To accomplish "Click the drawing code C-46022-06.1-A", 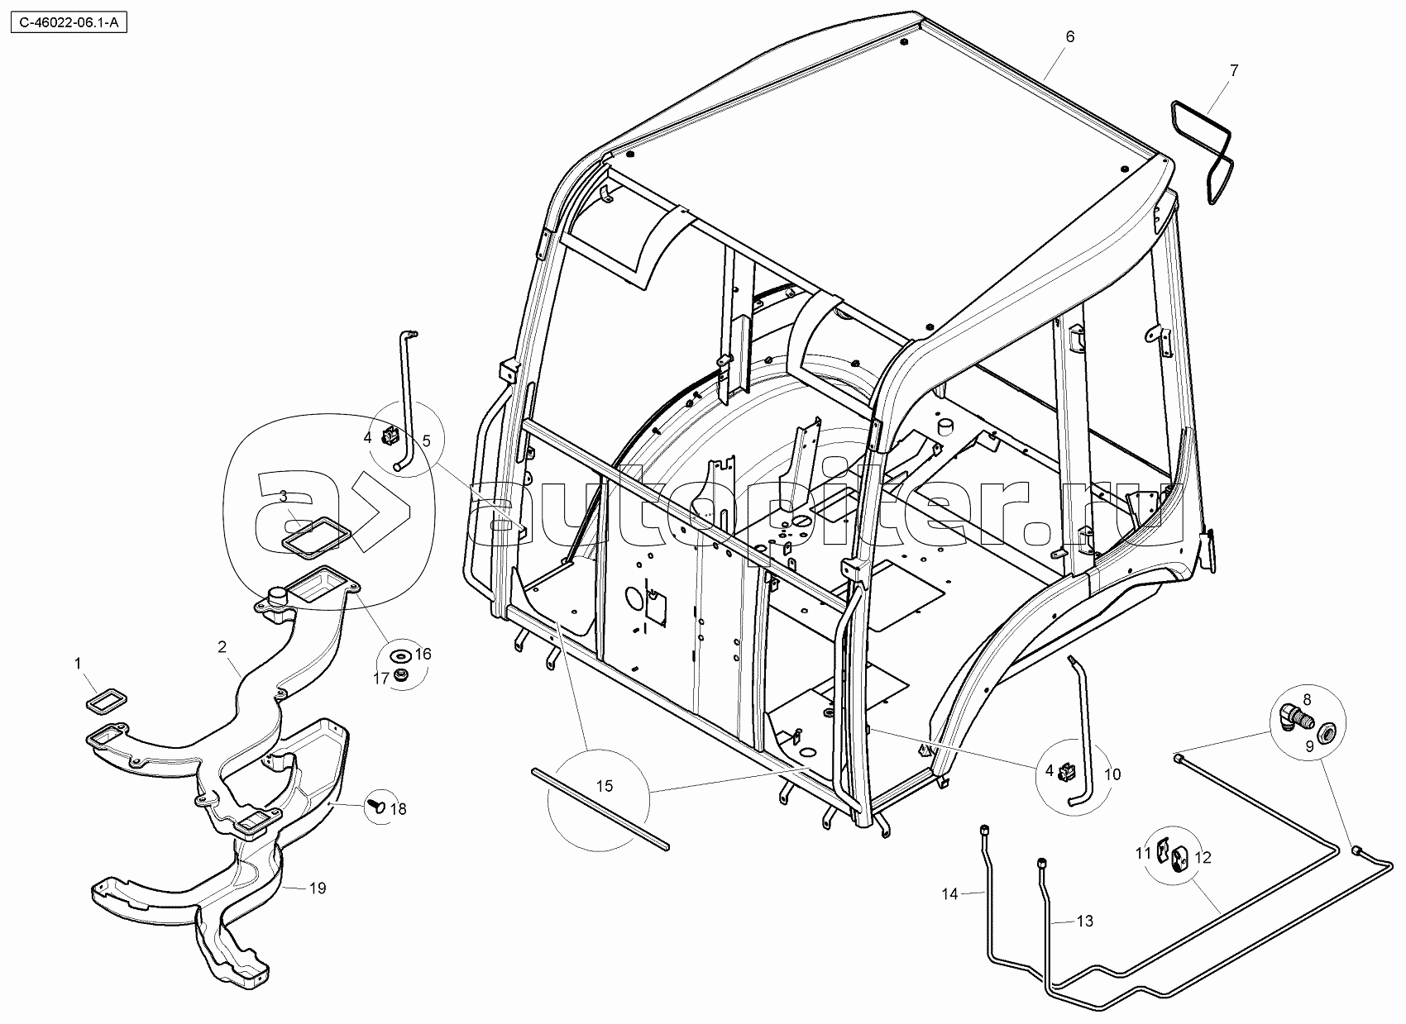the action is pos(69,24).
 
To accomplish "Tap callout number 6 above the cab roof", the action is pos(1070,37).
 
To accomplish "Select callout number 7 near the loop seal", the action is pos(1234,71).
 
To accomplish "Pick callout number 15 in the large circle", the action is pos(605,786).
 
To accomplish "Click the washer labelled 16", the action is pos(399,655).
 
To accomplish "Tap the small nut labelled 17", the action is pos(399,675).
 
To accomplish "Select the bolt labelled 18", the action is pos(375,804).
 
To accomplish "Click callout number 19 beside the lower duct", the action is pos(318,888).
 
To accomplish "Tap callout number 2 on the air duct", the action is pos(222,646).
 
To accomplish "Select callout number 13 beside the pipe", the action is pos(1085,922).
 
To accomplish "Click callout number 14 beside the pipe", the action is pos(949,894).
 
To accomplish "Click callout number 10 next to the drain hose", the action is pos(1112,774).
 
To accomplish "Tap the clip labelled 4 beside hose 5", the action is pos(390,434).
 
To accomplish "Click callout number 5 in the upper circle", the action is pos(426,441).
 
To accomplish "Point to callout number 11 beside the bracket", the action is pos(1143,854).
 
